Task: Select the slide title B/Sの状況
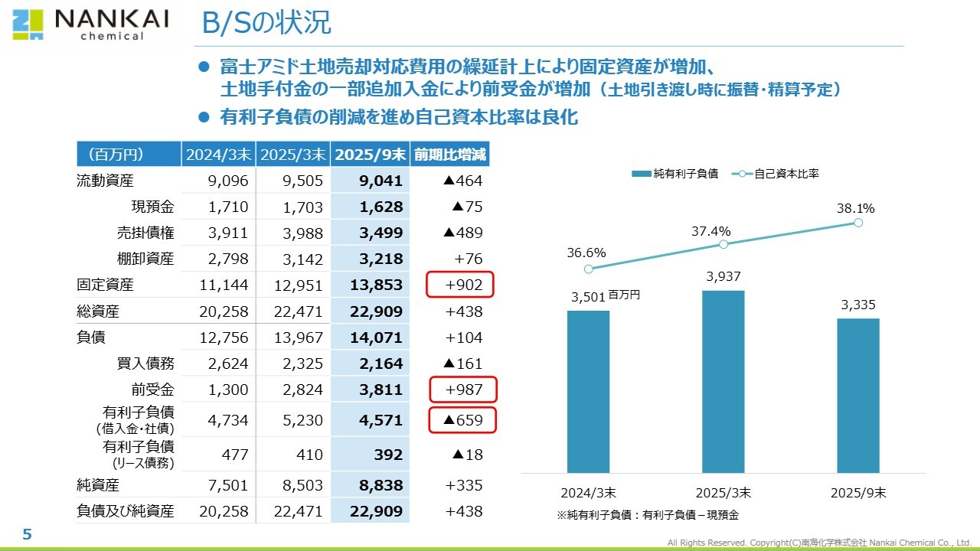click(x=266, y=23)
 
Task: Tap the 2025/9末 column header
click(x=371, y=155)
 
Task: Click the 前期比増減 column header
click(x=449, y=155)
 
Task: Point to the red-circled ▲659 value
click(x=462, y=419)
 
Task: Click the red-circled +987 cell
click(x=462, y=390)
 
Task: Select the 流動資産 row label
click(x=106, y=181)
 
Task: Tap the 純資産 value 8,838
click(x=381, y=485)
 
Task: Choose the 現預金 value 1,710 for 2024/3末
click(x=228, y=207)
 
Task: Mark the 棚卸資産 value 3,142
click(x=303, y=259)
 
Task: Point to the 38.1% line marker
click(x=857, y=223)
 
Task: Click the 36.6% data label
click(x=586, y=253)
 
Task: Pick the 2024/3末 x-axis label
click(x=587, y=493)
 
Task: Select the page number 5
click(x=27, y=534)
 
